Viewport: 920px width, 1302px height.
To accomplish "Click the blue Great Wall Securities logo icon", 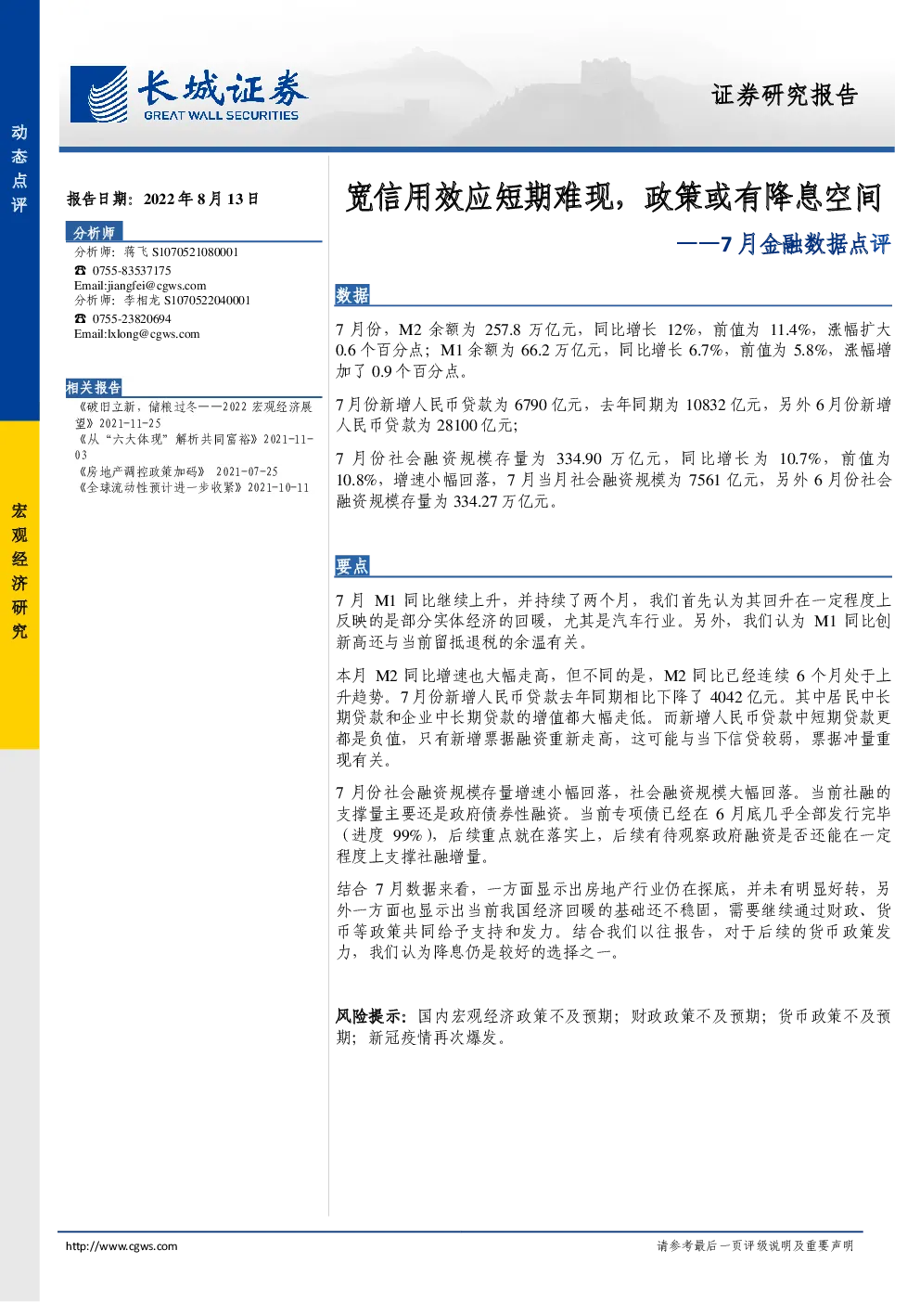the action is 98,94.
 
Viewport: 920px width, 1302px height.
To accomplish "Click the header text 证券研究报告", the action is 785,95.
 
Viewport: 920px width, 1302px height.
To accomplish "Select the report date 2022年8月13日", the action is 201,199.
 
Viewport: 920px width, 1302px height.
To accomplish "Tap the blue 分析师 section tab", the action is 94,233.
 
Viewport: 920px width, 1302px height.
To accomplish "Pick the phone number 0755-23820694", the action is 132,318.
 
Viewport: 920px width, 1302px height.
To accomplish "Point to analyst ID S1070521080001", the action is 195,251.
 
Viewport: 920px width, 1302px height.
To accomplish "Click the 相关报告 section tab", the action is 94,387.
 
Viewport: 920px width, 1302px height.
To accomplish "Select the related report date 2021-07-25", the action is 247,471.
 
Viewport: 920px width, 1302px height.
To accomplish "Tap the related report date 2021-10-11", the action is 278,487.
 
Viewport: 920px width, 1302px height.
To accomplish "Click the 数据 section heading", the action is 352,295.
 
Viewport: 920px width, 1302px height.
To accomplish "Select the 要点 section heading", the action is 352,566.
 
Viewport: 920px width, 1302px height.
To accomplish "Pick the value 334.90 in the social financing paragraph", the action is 579,459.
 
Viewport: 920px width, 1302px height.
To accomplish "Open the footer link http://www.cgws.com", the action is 121,1246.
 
